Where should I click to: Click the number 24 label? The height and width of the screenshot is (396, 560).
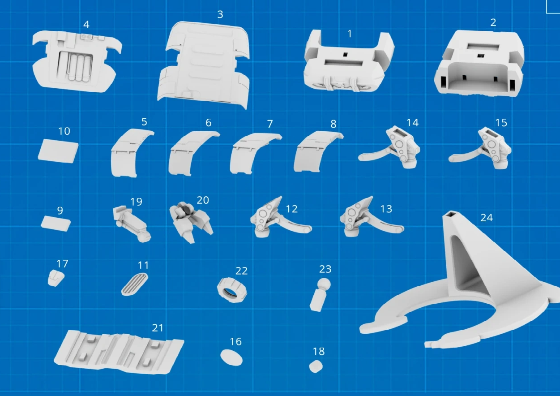click(x=487, y=218)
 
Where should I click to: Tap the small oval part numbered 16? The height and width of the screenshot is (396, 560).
click(x=231, y=357)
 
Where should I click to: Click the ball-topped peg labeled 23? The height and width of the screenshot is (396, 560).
click(x=320, y=295)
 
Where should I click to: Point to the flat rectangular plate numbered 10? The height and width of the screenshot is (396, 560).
click(x=58, y=151)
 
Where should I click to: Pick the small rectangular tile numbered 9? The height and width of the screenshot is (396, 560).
click(x=56, y=224)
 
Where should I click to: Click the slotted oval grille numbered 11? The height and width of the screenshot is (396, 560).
click(x=135, y=284)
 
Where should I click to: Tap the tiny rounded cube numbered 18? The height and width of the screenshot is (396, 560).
click(x=316, y=366)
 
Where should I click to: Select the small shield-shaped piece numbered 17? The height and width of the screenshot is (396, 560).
click(x=56, y=278)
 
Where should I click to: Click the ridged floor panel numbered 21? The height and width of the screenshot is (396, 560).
click(x=119, y=352)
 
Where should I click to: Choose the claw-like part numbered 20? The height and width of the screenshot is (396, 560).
click(x=191, y=221)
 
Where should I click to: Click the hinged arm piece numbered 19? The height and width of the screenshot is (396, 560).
click(x=132, y=224)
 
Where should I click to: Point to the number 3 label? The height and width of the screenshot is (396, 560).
click(x=220, y=14)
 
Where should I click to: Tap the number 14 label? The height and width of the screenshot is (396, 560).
click(x=412, y=123)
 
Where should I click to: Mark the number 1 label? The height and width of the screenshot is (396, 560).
click(x=350, y=34)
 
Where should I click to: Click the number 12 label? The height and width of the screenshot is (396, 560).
click(x=291, y=209)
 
